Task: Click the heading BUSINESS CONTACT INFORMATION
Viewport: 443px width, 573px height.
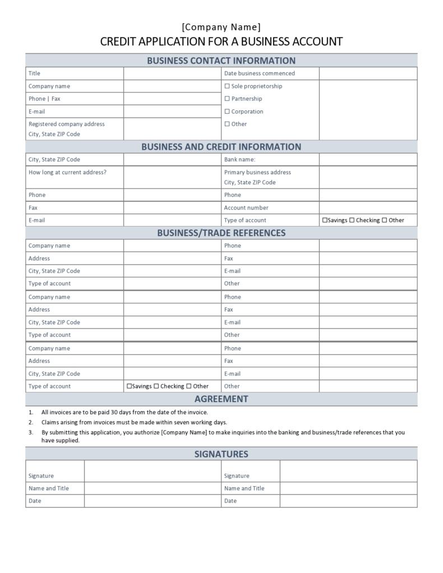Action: point(221,61)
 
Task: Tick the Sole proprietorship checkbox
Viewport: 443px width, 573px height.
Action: point(227,86)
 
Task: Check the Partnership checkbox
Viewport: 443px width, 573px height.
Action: point(227,99)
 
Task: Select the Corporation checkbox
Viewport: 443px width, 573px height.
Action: point(227,112)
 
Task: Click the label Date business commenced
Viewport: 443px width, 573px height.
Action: point(259,73)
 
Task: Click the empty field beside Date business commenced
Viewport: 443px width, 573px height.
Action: point(368,73)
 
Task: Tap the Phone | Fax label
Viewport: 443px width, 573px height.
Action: point(44,99)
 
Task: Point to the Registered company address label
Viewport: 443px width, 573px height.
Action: point(66,124)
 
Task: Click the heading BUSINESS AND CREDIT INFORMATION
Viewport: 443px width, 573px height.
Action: point(221,147)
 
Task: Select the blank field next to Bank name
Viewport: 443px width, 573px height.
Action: point(368,160)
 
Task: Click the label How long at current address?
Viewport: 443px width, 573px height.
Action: point(67,172)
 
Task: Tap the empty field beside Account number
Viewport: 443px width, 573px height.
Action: point(368,207)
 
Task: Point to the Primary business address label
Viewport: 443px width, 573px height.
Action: point(257,172)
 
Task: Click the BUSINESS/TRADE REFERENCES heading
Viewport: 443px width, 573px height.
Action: point(221,233)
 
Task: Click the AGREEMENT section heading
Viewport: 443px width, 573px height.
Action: point(221,399)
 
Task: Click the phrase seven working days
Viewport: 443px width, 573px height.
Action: point(205,422)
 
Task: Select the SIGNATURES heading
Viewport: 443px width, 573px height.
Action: point(221,454)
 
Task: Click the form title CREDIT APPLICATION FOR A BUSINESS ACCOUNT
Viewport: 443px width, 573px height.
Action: point(221,41)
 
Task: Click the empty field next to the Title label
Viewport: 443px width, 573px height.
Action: point(172,73)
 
